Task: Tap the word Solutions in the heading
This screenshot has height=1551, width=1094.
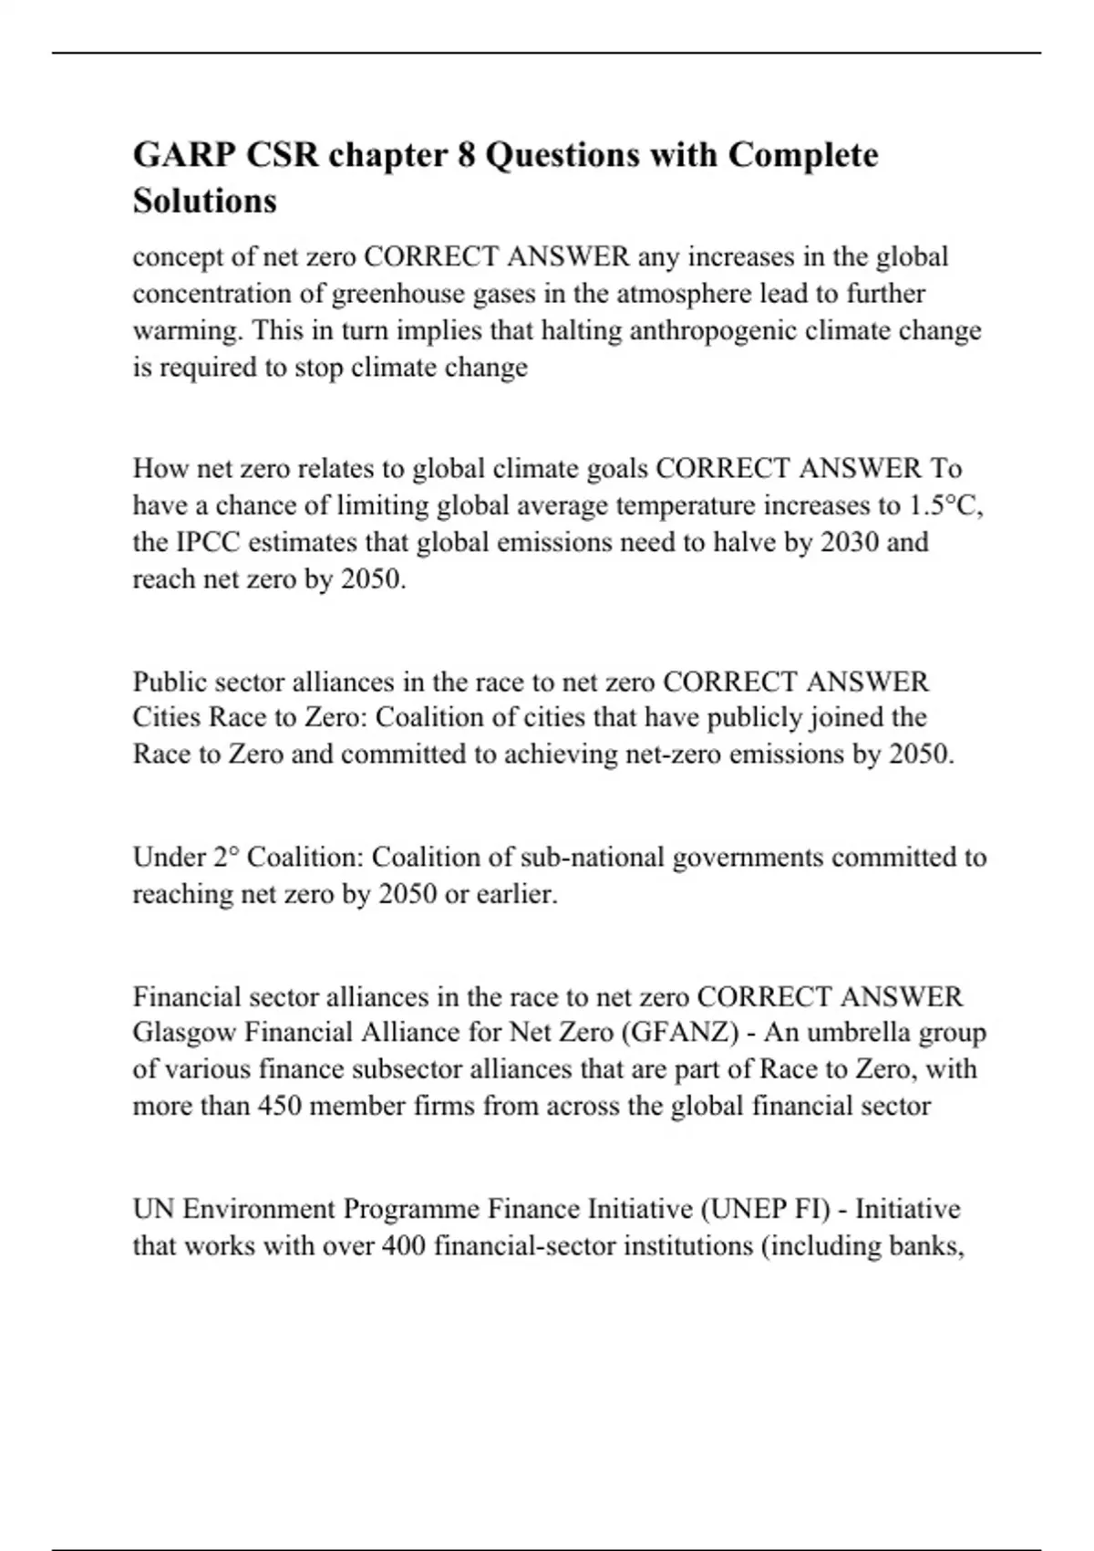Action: click(x=204, y=201)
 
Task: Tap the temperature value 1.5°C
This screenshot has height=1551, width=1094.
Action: click(x=944, y=505)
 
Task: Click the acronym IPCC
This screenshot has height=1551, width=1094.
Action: click(x=206, y=542)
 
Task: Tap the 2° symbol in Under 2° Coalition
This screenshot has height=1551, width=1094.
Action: click(x=226, y=858)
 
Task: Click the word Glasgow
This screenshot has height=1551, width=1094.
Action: click(x=185, y=1033)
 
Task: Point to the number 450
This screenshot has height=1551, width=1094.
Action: click(x=279, y=1106)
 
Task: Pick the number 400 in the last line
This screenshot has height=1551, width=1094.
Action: click(x=403, y=1245)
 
